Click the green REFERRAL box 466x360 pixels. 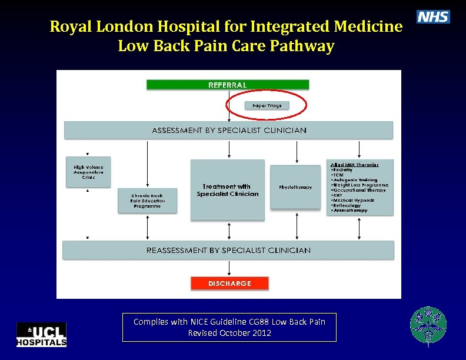(x=227, y=85)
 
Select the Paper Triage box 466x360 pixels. (x=267, y=105)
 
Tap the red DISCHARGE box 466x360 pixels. (x=229, y=284)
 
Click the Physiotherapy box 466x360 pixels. (x=295, y=187)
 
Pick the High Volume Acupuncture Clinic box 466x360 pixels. (x=88, y=172)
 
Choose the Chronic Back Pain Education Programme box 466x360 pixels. (x=148, y=201)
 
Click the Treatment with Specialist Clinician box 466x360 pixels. (x=228, y=190)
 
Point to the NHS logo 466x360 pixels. (x=433, y=17)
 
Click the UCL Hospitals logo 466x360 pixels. (x=41, y=335)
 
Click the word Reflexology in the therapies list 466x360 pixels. (x=347, y=205)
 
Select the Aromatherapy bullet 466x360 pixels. (x=349, y=210)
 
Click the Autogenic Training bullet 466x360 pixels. (x=354, y=180)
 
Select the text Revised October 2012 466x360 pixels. (x=229, y=333)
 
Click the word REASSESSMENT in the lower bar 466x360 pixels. (x=177, y=250)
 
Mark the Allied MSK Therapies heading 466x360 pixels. (x=354, y=165)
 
